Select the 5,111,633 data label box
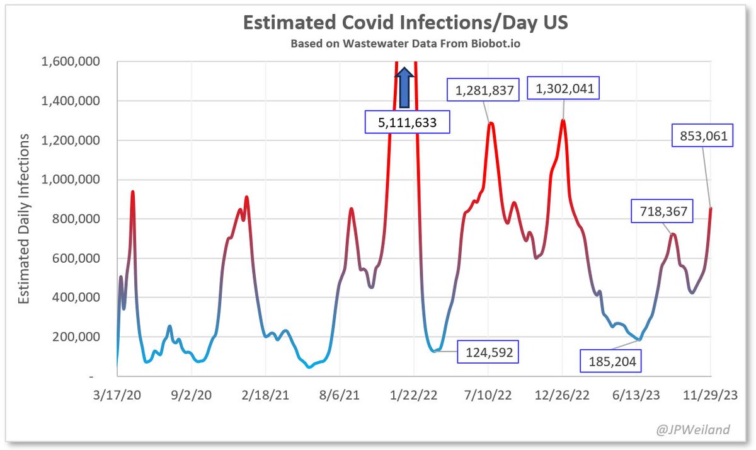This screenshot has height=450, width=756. [408, 122]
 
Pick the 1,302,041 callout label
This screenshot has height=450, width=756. [564, 89]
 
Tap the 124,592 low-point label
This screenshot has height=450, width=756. [488, 352]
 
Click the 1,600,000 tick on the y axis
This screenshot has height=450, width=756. [71, 62]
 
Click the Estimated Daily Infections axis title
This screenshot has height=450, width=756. [23, 219]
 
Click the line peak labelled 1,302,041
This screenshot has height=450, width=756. [563, 120]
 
